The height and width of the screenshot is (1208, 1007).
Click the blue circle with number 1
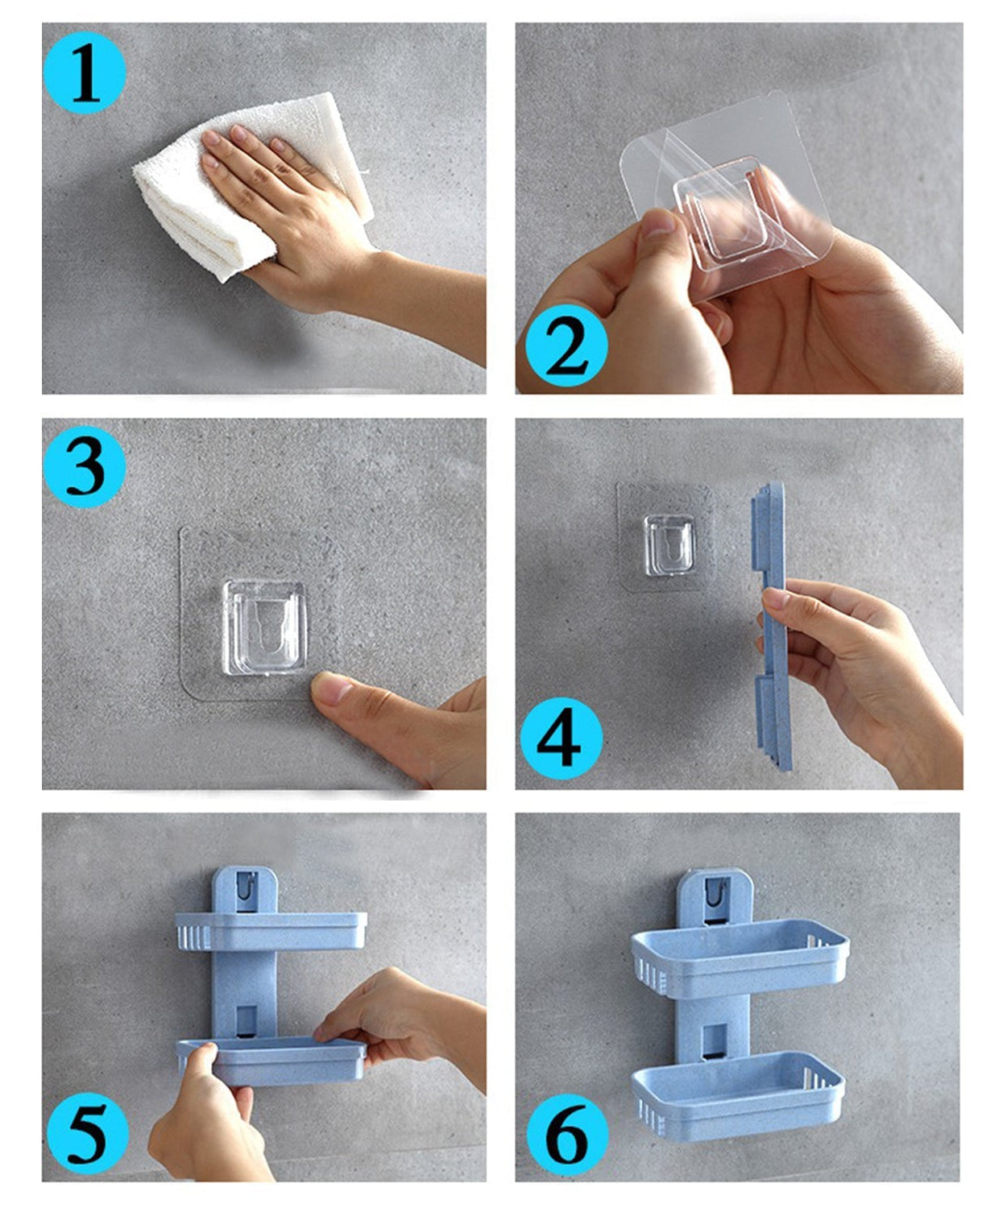coord(85,73)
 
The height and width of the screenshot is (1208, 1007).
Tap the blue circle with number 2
coord(566,346)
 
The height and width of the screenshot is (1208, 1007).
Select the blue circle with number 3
coord(85,466)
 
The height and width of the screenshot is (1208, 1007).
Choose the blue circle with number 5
coord(86,1135)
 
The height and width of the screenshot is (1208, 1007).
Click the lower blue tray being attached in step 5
coord(271,1061)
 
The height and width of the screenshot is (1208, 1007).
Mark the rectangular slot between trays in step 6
coord(714,1040)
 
